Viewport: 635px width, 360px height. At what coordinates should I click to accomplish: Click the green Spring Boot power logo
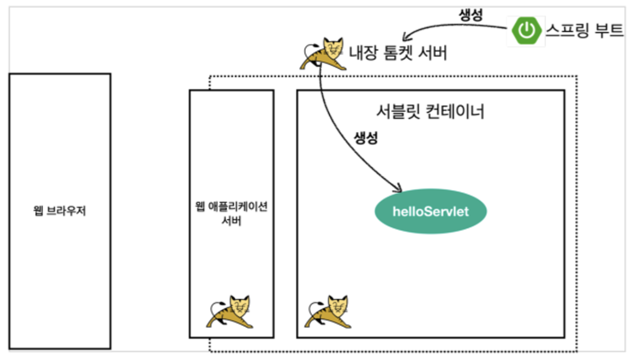[x=526, y=31]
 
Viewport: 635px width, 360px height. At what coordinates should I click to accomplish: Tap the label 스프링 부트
[x=584, y=30]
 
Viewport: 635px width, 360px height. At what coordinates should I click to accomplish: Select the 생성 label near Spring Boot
[x=471, y=15]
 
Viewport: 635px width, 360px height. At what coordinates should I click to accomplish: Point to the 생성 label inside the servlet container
[x=366, y=138]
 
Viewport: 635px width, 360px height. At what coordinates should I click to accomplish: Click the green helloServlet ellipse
[x=430, y=212]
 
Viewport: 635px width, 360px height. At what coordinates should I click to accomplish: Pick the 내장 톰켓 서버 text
[x=398, y=53]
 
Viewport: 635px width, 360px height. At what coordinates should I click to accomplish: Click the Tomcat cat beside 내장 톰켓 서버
[x=323, y=53]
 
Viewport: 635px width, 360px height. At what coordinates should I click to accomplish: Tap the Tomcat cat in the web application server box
[x=230, y=312]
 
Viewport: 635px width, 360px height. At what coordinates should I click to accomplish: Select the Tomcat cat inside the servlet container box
[x=328, y=312]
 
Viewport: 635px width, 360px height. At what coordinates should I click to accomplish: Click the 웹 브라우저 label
[x=60, y=211]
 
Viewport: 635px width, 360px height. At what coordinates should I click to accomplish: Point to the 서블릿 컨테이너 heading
[x=430, y=111]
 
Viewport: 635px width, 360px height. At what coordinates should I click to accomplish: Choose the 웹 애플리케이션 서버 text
[x=232, y=214]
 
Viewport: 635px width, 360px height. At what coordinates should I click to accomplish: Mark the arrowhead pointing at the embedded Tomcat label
[x=406, y=37]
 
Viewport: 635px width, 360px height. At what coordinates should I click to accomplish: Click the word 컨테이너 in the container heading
[x=455, y=111]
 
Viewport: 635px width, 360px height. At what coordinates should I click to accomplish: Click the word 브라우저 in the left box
[x=66, y=211]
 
